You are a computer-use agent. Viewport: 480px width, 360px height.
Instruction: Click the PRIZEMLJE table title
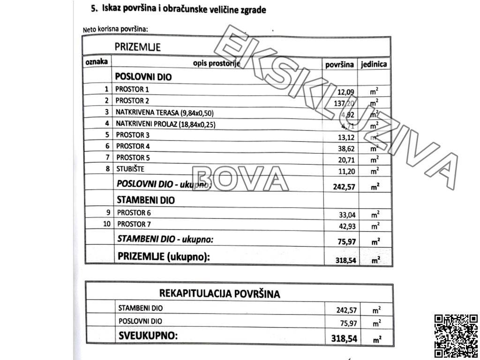[138, 47]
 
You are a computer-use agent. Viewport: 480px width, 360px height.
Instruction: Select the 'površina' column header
[339, 65]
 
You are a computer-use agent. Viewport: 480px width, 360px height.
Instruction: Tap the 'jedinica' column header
[374, 65]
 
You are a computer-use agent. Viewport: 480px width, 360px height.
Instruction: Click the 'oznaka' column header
[97, 62]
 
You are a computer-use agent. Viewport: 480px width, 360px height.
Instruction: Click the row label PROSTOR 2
[132, 100]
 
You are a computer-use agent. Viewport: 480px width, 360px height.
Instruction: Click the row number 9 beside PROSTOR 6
[108, 212]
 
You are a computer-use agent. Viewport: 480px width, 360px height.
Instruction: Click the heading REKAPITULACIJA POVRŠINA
[219, 294]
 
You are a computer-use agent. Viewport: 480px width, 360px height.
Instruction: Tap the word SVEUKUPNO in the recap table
[148, 336]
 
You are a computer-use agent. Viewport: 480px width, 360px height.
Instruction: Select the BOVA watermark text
[240, 179]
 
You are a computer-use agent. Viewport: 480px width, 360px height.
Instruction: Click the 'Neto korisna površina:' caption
[115, 29]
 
